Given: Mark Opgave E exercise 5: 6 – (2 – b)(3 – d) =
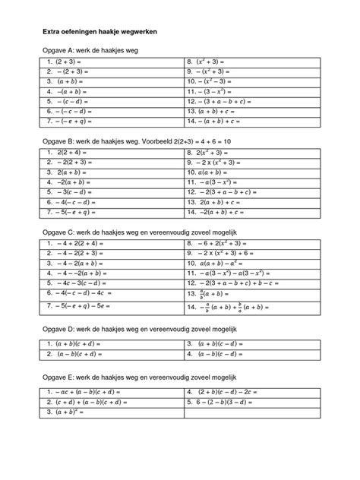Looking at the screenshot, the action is point(224,402).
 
